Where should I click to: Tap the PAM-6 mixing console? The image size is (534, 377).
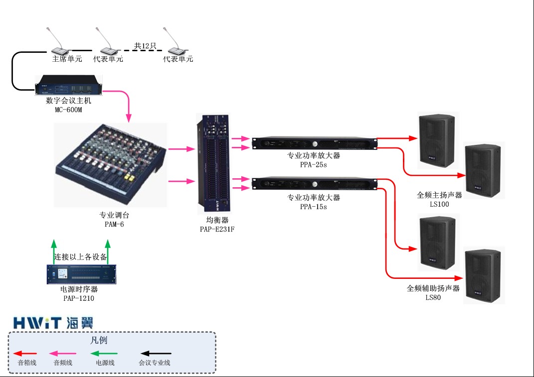tap(110, 164)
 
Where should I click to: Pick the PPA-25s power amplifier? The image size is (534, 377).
tap(314, 143)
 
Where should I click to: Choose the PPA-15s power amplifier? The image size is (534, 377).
tap(314, 184)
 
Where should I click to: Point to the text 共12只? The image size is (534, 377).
tap(145, 46)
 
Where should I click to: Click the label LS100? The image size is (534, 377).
tap(440, 204)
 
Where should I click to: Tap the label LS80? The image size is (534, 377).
tap(433, 297)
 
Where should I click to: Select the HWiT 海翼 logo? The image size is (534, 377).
tap(53, 322)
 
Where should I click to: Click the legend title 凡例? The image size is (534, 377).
tap(99, 341)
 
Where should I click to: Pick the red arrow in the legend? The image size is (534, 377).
tap(25, 354)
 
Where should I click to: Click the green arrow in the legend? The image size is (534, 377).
tap(103, 354)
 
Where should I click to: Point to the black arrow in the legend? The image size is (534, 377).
tap(155, 354)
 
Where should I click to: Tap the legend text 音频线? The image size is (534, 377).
tap(63, 363)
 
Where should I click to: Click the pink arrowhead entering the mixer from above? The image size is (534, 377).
tap(129, 118)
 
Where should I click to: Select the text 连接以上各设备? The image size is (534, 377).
tap(81, 257)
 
